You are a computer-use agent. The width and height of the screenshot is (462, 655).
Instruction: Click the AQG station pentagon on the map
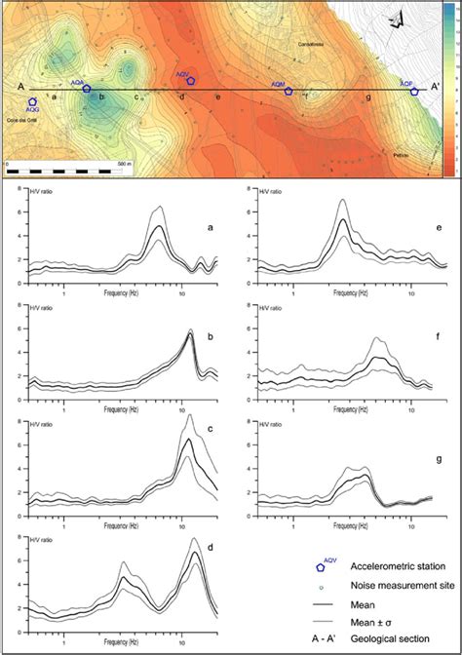[33, 101]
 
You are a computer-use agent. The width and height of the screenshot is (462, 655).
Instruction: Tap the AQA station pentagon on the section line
[87, 90]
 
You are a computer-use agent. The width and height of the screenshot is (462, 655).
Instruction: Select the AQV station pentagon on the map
[191, 80]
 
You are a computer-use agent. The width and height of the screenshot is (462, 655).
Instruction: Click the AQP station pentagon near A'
[414, 92]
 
